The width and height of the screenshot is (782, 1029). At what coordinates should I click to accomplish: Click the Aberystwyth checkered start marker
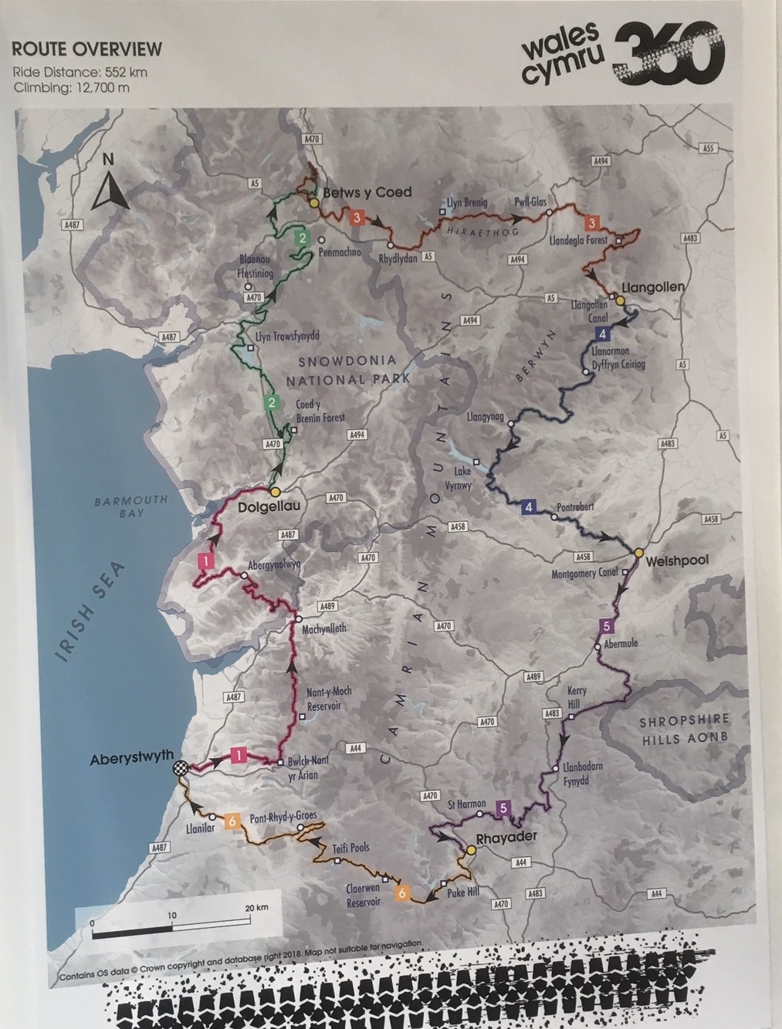181,767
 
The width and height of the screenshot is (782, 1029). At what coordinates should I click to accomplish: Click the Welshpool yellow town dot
639,553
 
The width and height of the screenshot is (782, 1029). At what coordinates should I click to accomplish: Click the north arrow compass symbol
105,184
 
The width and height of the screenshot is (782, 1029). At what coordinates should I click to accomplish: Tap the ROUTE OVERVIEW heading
86,50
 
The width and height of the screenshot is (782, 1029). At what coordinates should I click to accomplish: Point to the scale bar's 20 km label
256,908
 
